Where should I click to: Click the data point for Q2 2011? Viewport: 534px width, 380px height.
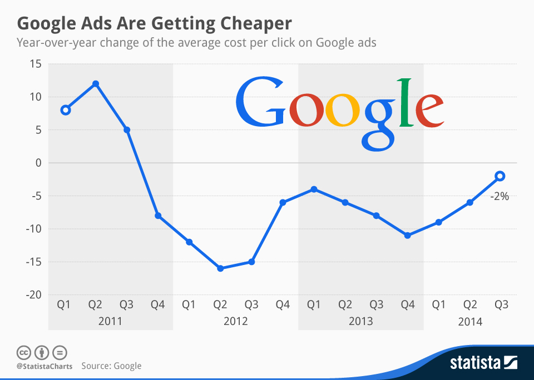click(x=96, y=84)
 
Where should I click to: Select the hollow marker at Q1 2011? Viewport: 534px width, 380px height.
click(x=65, y=110)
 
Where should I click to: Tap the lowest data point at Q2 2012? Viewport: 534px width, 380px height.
click(x=220, y=268)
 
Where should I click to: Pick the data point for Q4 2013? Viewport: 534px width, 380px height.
click(x=408, y=236)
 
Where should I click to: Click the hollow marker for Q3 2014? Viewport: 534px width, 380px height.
click(x=500, y=176)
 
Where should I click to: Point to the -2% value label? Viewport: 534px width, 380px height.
click(x=499, y=196)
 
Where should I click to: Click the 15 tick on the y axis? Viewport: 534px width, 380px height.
click(x=36, y=64)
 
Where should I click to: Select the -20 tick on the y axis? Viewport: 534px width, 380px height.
click(x=33, y=295)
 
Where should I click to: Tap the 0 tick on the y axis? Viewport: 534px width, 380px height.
click(x=38, y=163)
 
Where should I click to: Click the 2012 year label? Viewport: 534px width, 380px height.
click(x=236, y=322)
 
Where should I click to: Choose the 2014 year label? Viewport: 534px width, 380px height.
click(x=470, y=322)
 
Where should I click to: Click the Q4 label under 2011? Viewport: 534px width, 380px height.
click(x=157, y=304)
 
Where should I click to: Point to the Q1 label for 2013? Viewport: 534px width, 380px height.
click(x=314, y=304)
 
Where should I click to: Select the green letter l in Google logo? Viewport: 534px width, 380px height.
click(x=405, y=103)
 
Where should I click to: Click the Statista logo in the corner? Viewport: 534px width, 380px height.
click(x=483, y=363)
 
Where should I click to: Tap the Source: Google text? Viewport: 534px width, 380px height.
click(x=111, y=366)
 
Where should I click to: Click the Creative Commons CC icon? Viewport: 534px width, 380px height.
click(x=23, y=352)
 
